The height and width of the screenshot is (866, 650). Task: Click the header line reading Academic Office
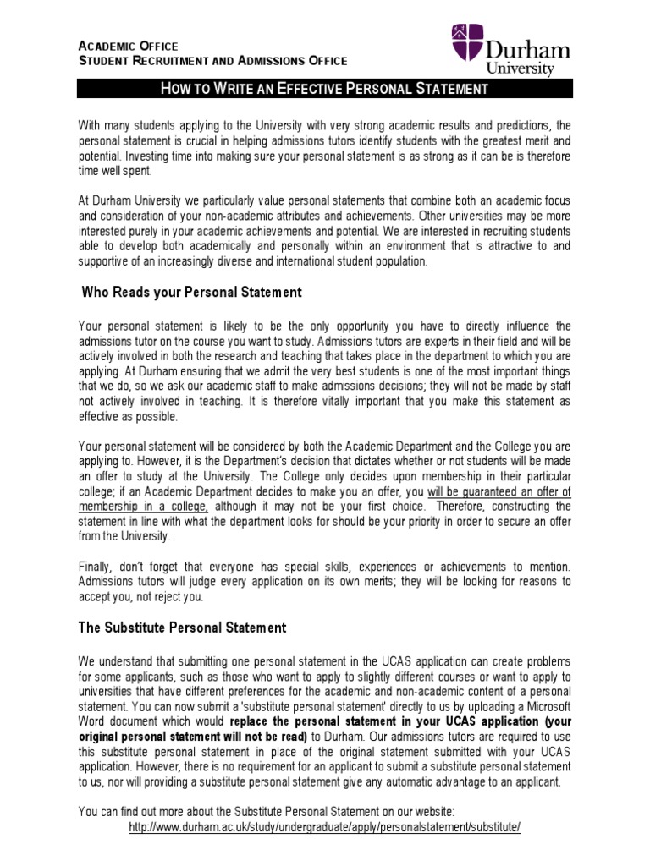[128, 45]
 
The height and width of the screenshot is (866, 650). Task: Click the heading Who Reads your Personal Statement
[191, 293]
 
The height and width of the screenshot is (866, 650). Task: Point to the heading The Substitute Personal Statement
[184, 628]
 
